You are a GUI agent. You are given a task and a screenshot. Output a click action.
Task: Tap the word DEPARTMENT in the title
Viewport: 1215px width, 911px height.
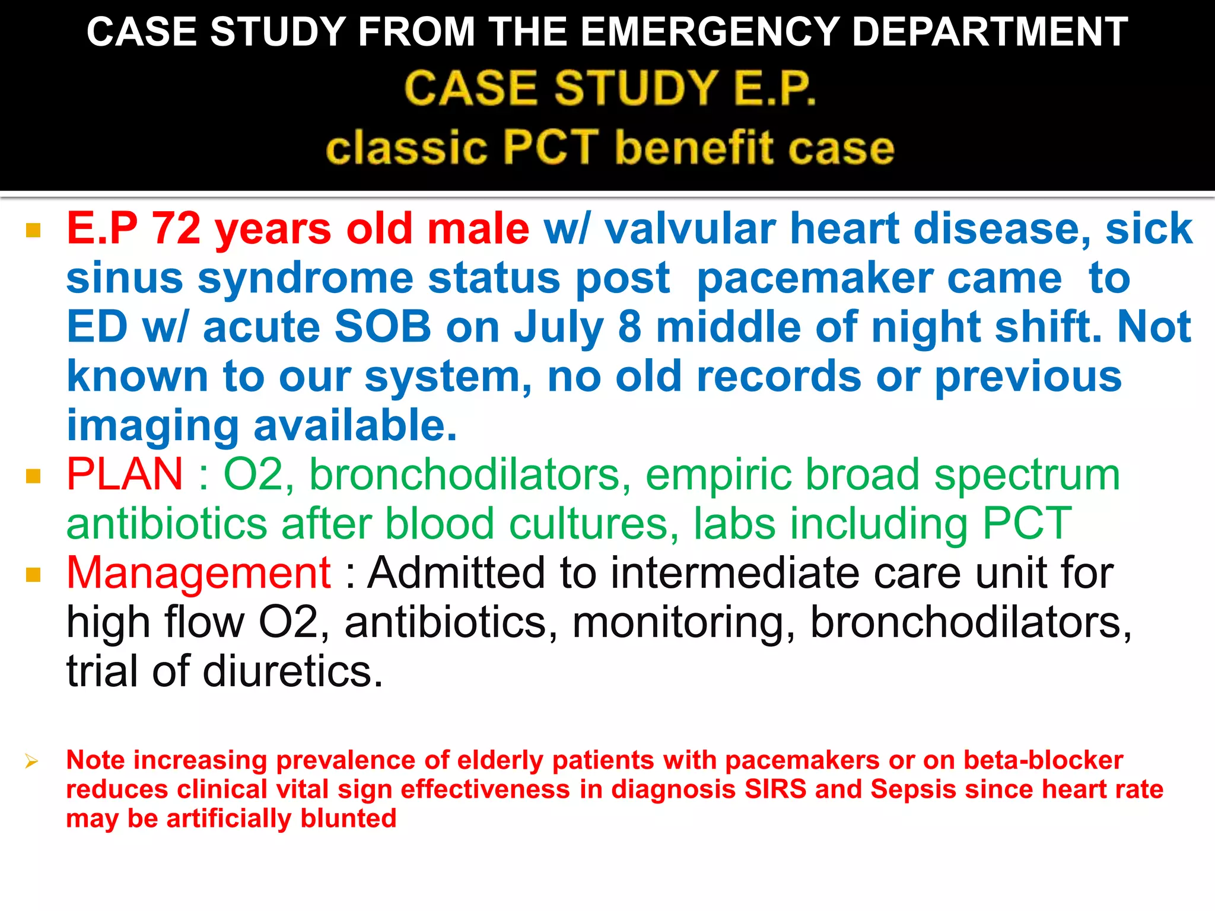[x=989, y=31]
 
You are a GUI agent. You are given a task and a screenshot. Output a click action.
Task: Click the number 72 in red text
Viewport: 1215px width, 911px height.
[x=176, y=228]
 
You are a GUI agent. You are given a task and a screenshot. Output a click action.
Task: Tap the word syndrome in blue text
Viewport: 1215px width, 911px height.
[x=305, y=278]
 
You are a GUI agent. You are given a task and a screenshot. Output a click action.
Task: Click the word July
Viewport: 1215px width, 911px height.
[x=558, y=327]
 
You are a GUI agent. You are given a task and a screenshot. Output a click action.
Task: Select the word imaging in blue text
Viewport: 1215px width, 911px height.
[x=152, y=426]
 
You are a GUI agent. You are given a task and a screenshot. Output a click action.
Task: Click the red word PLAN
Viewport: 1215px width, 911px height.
[x=125, y=474]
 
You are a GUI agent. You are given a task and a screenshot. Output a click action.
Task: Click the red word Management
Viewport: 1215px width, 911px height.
[x=198, y=573]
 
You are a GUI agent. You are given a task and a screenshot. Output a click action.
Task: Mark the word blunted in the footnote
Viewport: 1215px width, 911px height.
[x=348, y=818]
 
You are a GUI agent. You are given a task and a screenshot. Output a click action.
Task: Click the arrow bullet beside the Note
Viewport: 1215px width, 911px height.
[x=31, y=761]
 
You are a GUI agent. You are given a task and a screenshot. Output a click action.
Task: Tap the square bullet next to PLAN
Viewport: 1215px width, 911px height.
[x=33, y=476]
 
